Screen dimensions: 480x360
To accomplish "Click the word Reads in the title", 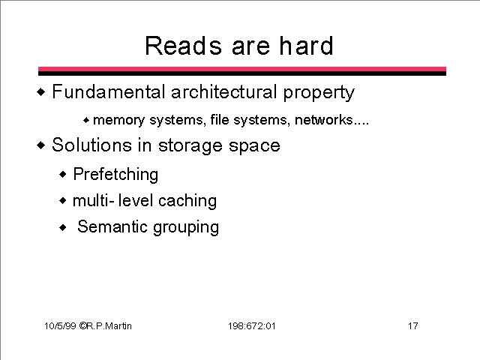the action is click(x=183, y=46).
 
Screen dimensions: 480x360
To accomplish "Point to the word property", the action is click(x=319, y=93).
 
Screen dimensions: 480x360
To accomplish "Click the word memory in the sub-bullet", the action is click(x=118, y=120).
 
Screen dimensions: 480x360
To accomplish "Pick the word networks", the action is click(x=323, y=119).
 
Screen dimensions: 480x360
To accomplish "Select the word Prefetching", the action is click(x=115, y=175).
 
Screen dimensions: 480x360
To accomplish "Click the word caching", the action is click(x=187, y=202).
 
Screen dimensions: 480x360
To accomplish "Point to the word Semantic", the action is click(x=112, y=226).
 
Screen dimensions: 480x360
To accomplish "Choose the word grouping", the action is click(x=186, y=228).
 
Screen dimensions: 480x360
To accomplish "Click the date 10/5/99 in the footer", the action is click(x=60, y=325).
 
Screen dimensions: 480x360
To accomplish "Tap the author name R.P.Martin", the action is click(x=109, y=325).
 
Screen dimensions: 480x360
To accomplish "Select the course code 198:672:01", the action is click(x=252, y=325).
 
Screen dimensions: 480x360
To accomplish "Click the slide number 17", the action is click(x=412, y=325).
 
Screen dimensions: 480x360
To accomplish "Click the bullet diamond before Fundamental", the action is click(x=41, y=91).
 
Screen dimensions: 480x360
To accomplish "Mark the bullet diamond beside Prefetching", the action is click(x=63, y=175).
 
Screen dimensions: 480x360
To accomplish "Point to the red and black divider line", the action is click(x=242, y=71).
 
